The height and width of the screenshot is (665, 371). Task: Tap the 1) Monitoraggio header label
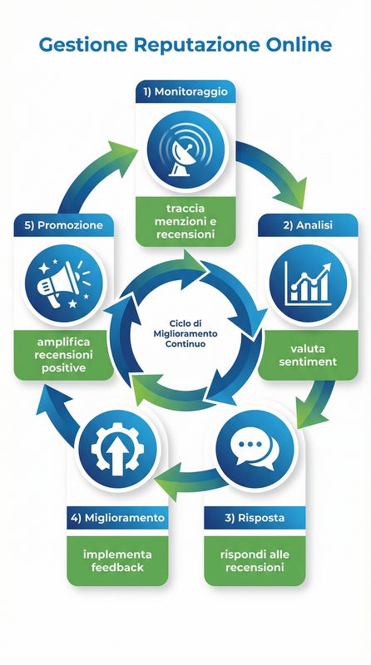click(185, 91)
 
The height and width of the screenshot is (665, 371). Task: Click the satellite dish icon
click(185, 149)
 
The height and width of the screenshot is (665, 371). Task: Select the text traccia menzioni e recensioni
click(185, 221)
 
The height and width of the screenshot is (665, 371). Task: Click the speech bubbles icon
click(255, 450)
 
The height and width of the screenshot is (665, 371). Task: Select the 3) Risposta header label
click(255, 518)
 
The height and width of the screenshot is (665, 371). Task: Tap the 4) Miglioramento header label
click(116, 518)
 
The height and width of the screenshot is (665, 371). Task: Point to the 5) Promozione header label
click(63, 224)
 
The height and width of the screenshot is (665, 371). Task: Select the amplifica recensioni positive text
click(63, 356)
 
